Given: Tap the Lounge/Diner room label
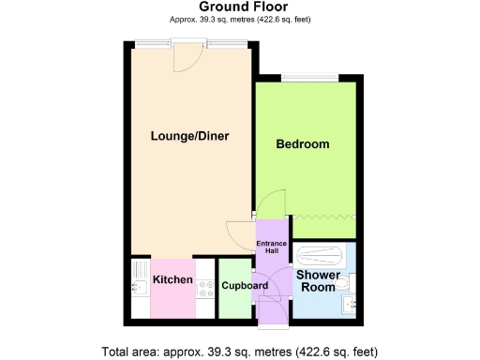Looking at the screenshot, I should [x=190, y=137].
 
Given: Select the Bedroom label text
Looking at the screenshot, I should [x=302, y=144].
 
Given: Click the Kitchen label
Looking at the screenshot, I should [x=172, y=280].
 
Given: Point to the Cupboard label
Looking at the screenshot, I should [x=244, y=285].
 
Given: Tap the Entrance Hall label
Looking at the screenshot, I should [x=274, y=247].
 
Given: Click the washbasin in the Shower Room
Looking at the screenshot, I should [x=352, y=306].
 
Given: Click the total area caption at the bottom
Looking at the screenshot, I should [x=239, y=352].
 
